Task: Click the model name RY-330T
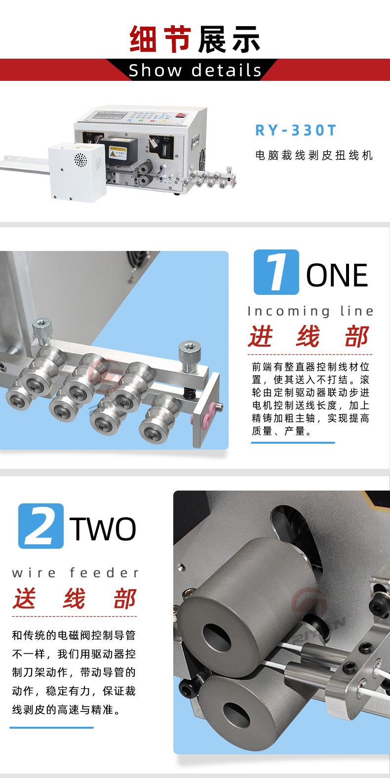click(x=296, y=131)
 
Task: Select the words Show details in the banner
click(x=195, y=71)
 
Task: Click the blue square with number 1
click(x=276, y=272)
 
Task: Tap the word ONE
click(x=338, y=275)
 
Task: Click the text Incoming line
click(x=311, y=311)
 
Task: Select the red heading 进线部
click(x=310, y=337)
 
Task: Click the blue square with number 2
click(x=41, y=526)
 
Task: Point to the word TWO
click(x=104, y=529)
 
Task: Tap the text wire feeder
click(x=76, y=573)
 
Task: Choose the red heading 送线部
click(x=75, y=599)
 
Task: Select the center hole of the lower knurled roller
click(x=235, y=714)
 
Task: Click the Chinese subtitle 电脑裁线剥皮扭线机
click(x=313, y=156)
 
